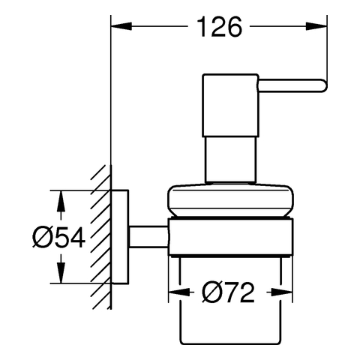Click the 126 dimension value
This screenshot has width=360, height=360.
(x=220, y=27)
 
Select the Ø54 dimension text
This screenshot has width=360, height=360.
(x=59, y=237)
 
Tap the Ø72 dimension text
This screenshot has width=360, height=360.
(x=228, y=292)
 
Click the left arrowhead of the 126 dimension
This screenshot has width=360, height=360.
(x=121, y=26)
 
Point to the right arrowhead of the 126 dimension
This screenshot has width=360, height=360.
(x=316, y=26)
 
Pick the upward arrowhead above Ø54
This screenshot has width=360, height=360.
(x=61, y=201)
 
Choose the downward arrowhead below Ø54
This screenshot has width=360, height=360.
(x=61, y=273)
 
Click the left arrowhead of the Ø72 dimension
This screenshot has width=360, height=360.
(x=179, y=292)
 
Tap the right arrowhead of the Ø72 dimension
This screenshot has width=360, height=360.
(x=282, y=292)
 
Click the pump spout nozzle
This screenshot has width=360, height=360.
(x=292, y=85)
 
